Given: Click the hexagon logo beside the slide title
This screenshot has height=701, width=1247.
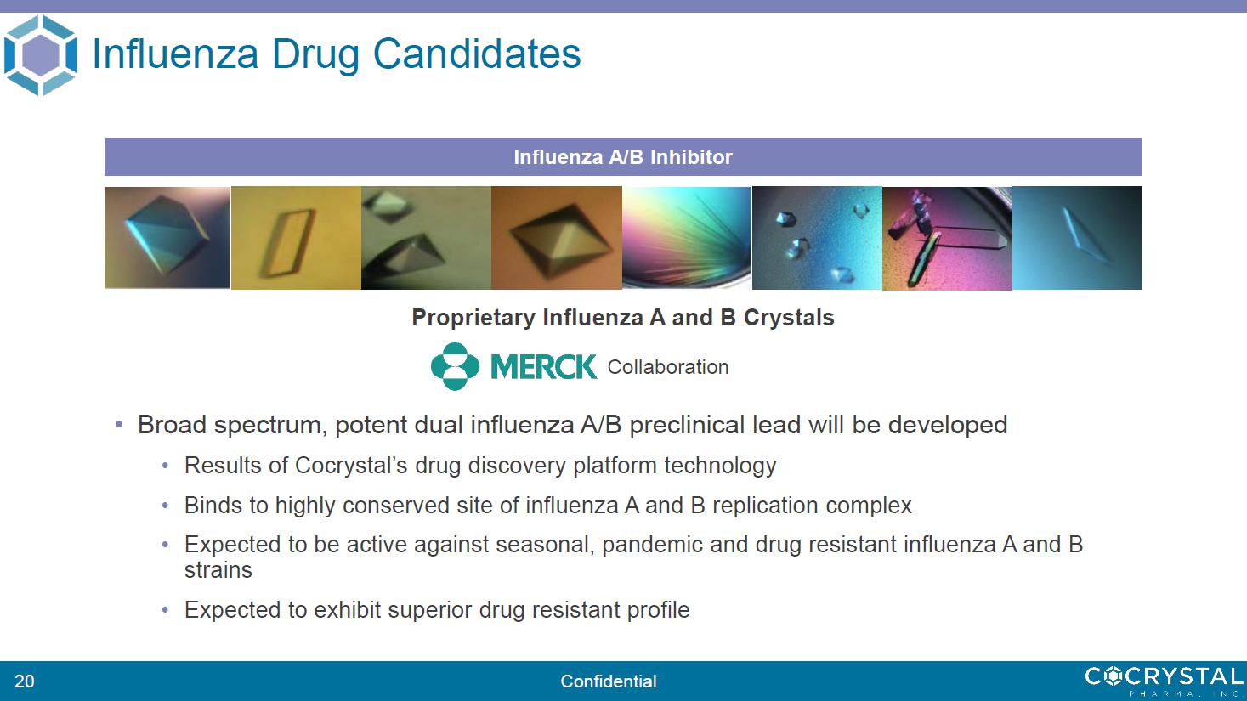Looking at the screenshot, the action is [x=40, y=55].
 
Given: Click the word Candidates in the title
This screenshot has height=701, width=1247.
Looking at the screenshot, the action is [x=477, y=54].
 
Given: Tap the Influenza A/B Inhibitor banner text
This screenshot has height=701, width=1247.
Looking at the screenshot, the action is [x=623, y=157].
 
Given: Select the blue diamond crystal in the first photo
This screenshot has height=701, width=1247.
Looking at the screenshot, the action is [x=166, y=235].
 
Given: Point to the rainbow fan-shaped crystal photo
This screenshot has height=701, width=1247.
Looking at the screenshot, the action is [x=687, y=238].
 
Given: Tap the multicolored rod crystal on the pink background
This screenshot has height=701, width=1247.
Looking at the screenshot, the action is [x=924, y=259].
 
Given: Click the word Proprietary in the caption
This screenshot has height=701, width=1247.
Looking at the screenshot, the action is [x=473, y=318].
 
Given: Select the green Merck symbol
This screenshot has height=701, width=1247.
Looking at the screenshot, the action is [x=455, y=366].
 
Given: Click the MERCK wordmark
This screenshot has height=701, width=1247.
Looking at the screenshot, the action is [x=544, y=366].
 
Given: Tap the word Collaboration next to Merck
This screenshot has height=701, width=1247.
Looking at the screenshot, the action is [x=668, y=367].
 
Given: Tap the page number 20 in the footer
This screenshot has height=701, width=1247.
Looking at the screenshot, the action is [x=25, y=681].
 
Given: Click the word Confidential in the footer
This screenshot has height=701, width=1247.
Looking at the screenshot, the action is [x=609, y=681].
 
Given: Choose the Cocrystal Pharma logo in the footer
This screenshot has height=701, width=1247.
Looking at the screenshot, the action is [x=1164, y=681].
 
